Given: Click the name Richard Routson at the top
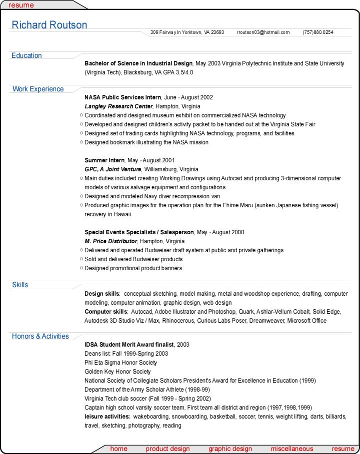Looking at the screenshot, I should tap(49, 25).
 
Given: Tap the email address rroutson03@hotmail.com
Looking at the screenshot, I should tap(263, 32).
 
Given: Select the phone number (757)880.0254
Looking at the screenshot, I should tap(317, 32).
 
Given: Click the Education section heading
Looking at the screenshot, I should tap(26, 55).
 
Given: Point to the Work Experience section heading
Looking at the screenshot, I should tap(38, 89).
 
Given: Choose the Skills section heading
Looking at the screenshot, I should tap(20, 285).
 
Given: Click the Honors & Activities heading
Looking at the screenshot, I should tap(40, 336).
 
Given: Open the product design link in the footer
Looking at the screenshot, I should tap(167, 449).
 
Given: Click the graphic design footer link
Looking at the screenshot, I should tap(230, 449).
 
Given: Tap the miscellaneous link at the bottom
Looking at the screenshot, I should tap(292, 449).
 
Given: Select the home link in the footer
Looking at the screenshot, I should tap(118, 449).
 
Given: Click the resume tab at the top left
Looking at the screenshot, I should tap(21, 5).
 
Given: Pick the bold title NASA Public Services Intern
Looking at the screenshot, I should tap(122, 97).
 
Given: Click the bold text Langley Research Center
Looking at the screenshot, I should tap(118, 106).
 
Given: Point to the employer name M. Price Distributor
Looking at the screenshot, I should tap(110, 241).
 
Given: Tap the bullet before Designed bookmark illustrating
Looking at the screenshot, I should tap(81, 142).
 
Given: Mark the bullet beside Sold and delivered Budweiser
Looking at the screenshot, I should tap(81, 259).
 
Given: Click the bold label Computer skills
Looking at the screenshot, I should tap(105, 312).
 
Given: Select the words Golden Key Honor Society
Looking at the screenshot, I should tap(117, 372).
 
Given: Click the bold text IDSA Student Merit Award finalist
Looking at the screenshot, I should tap(129, 345).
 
